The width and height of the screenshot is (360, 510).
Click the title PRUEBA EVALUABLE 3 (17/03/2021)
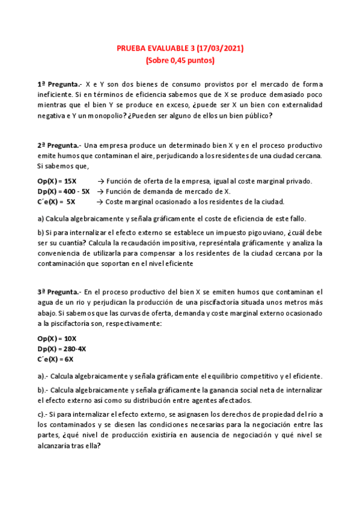[180, 48]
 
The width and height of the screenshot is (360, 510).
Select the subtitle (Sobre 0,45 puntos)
[180, 60]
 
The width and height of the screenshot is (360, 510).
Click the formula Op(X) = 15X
[56, 181]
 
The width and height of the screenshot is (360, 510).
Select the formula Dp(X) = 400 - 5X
[64, 191]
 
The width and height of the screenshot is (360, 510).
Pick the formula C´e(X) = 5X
[56, 201]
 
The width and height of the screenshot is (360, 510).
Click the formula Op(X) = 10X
[56, 339]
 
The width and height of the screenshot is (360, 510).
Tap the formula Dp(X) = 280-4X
[61, 349]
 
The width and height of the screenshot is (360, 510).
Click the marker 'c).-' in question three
[44, 415]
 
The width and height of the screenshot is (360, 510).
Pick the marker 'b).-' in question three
[44, 390]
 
